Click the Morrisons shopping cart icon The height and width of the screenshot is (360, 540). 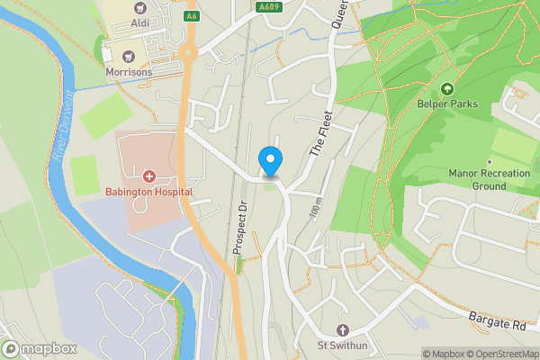tap(128, 57)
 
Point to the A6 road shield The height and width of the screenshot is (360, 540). tap(191, 16)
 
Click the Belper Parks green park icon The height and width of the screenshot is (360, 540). tap(447, 90)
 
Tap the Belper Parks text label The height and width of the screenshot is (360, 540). tap(447, 104)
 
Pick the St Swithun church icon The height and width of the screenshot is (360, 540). tap(342, 329)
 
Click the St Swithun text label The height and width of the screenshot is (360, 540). tap(342, 345)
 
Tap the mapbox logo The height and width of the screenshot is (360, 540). tap(39, 348)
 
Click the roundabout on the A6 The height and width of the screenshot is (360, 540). tap(188, 52)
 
